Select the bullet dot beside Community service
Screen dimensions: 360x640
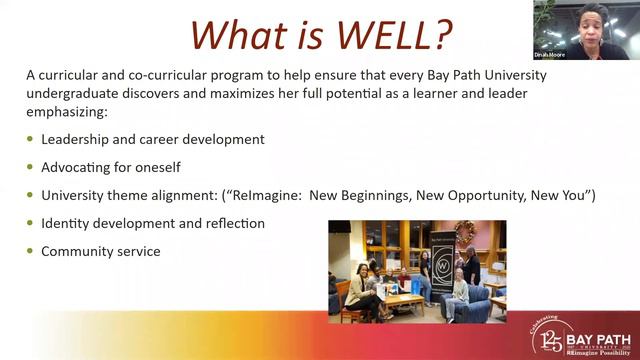pyautogui.click(x=30, y=252)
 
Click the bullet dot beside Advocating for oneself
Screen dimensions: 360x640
pyautogui.click(x=30, y=167)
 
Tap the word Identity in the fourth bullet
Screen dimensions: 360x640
pyautogui.click(x=66, y=223)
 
